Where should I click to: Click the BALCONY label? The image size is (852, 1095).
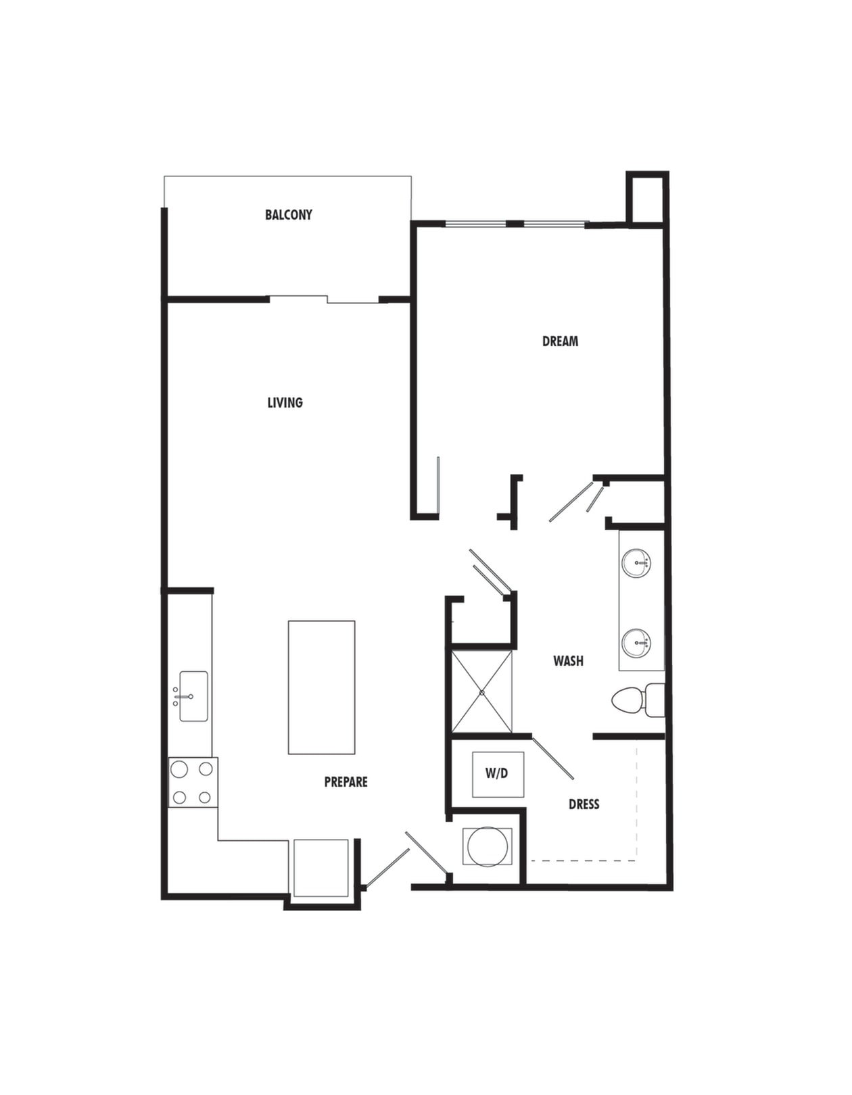(x=288, y=215)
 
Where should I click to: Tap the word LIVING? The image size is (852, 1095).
(x=285, y=403)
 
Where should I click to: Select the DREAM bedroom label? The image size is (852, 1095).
(x=560, y=341)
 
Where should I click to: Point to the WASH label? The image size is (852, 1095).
(x=568, y=660)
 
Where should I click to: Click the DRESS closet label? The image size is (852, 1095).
(x=584, y=804)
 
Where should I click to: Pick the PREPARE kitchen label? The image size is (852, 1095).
(x=346, y=781)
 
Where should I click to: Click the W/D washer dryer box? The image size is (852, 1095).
(x=498, y=775)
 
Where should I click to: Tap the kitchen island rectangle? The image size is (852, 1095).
(x=321, y=687)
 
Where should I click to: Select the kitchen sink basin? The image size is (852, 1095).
(x=193, y=696)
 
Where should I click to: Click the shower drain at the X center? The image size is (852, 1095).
(x=481, y=692)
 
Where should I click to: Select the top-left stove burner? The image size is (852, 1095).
(x=179, y=769)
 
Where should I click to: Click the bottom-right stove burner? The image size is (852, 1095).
(x=204, y=798)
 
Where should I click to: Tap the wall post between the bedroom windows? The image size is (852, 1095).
(x=515, y=224)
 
